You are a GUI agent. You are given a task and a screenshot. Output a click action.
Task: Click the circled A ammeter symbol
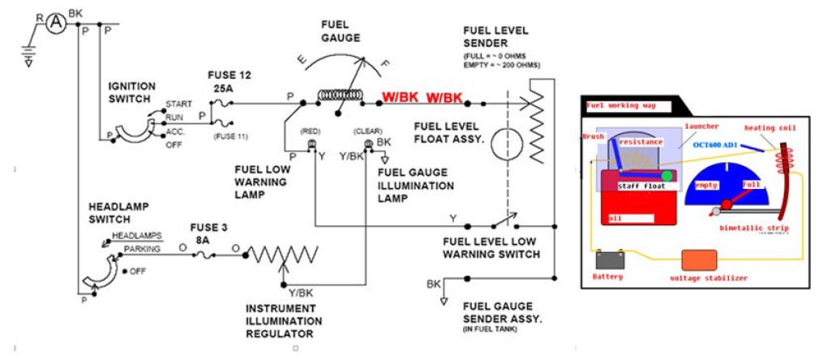tap(55, 24)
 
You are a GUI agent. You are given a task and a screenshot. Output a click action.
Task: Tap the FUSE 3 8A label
tap(208, 233)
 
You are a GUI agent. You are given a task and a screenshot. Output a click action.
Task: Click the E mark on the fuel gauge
tap(302, 59)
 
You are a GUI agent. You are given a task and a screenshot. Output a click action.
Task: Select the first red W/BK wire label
tap(400, 98)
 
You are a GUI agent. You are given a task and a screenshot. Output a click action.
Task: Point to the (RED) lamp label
tap(311, 130)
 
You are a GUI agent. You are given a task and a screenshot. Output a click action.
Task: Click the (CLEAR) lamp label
tap(366, 130)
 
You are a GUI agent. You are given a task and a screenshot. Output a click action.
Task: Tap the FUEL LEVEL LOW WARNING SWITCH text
tap(491, 248)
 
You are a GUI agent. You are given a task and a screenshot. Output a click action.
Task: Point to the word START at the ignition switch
tap(178, 104)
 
